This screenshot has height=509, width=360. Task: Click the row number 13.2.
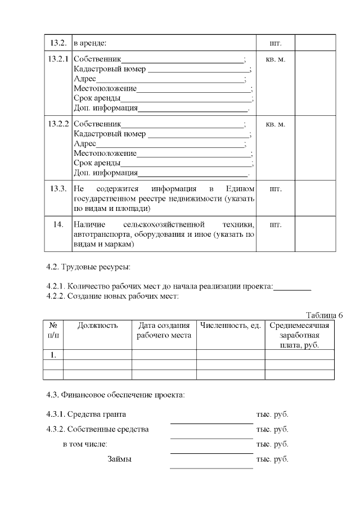58,43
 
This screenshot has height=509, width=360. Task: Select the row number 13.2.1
58,60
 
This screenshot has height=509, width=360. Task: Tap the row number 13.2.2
58,124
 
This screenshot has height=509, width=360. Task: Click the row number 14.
58,224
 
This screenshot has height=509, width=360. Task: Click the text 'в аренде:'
90,43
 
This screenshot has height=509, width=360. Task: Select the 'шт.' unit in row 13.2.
276,43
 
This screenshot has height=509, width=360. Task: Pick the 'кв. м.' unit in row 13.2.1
276,60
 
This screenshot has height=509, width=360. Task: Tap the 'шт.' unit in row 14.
276,224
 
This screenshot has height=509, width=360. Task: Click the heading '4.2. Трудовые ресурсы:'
88,266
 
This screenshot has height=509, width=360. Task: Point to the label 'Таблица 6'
324,314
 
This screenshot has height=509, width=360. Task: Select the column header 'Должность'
97,325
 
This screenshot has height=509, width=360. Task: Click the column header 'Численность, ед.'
230,325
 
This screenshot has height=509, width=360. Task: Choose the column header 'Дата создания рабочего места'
164,330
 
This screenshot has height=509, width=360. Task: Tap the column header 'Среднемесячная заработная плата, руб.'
299,335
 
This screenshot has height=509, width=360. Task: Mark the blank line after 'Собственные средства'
211,437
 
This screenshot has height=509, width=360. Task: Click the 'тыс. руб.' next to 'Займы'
272,460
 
